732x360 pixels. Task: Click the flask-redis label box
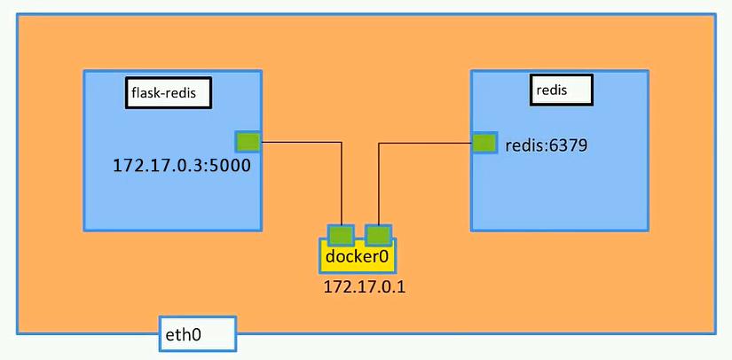(x=169, y=93)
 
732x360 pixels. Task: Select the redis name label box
(x=562, y=90)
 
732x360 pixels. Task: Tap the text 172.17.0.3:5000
(x=182, y=166)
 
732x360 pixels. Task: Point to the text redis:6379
(x=547, y=146)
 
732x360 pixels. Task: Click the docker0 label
(x=358, y=256)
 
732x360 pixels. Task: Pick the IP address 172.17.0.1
(x=365, y=286)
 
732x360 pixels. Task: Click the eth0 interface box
(x=198, y=333)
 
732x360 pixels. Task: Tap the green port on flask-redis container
(x=248, y=142)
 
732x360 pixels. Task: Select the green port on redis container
(x=484, y=143)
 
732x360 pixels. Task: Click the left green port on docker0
(x=341, y=235)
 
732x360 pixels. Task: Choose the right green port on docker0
(x=378, y=235)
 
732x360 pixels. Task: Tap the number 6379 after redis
(x=568, y=146)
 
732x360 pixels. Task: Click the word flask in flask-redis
(x=144, y=93)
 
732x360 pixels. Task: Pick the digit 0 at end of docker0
(x=384, y=257)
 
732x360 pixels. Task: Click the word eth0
(x=184, y=335)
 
